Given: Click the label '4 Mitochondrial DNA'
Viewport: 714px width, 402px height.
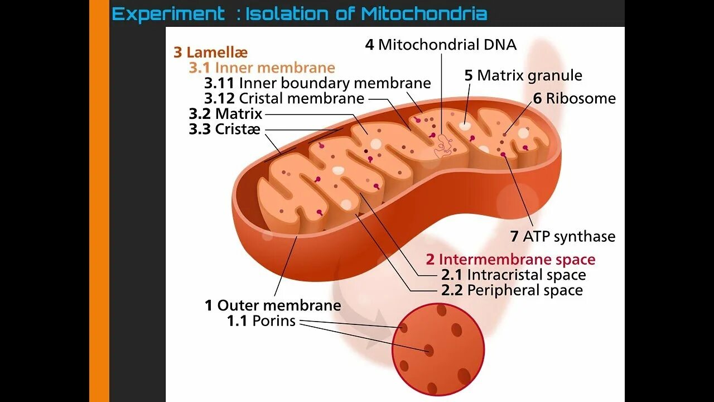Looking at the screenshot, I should (441, 45).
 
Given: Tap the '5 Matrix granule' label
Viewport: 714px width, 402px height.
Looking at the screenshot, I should (523, 75).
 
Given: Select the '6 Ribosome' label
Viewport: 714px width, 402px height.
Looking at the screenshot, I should (574, 99).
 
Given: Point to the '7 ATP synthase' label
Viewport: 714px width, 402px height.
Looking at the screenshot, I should (562, 236).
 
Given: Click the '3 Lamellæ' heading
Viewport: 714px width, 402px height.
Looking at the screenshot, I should (210, 52).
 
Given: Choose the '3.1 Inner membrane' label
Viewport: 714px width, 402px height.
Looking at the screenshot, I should (262, 68).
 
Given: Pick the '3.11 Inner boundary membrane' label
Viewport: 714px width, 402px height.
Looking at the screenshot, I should (317, 83).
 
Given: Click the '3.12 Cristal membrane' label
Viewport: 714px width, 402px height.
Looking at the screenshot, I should (284, 99).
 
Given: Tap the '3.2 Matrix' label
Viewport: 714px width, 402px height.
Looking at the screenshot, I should (225, 114).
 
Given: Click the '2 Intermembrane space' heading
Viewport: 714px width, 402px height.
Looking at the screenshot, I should (510, 260).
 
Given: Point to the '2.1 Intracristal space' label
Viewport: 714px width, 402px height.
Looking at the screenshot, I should (513, 275).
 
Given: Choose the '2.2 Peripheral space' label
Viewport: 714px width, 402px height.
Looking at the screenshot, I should (512, 290).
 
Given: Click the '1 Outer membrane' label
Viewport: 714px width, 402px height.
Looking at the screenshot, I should (273, 305).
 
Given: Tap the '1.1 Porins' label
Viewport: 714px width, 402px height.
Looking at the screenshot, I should (261, 321).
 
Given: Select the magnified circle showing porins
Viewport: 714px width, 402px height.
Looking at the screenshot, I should (438, 349).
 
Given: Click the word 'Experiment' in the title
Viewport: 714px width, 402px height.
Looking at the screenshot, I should (168, 14).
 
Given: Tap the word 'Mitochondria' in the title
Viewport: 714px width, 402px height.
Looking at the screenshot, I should (424, 14).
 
